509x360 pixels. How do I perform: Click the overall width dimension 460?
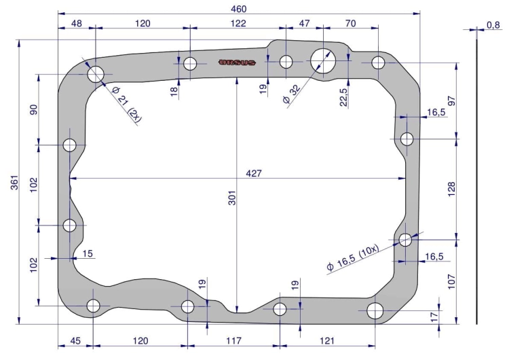(x=239, y=9)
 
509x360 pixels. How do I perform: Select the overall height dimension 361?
(x=15, y=183)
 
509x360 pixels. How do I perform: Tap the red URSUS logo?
(x=238, y=62)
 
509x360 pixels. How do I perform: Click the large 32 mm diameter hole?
(x=322, y=60)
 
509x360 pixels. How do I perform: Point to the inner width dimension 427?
(x=254, y=173)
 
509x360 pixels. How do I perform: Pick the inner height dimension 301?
(x=232, y=198)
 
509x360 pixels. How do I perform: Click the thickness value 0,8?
(x=493, y=24)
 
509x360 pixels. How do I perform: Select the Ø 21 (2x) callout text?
(x=127, y=105)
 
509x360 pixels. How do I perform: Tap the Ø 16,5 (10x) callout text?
(x=353, y=257)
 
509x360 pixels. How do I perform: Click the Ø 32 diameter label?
(x=292, y=94)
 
